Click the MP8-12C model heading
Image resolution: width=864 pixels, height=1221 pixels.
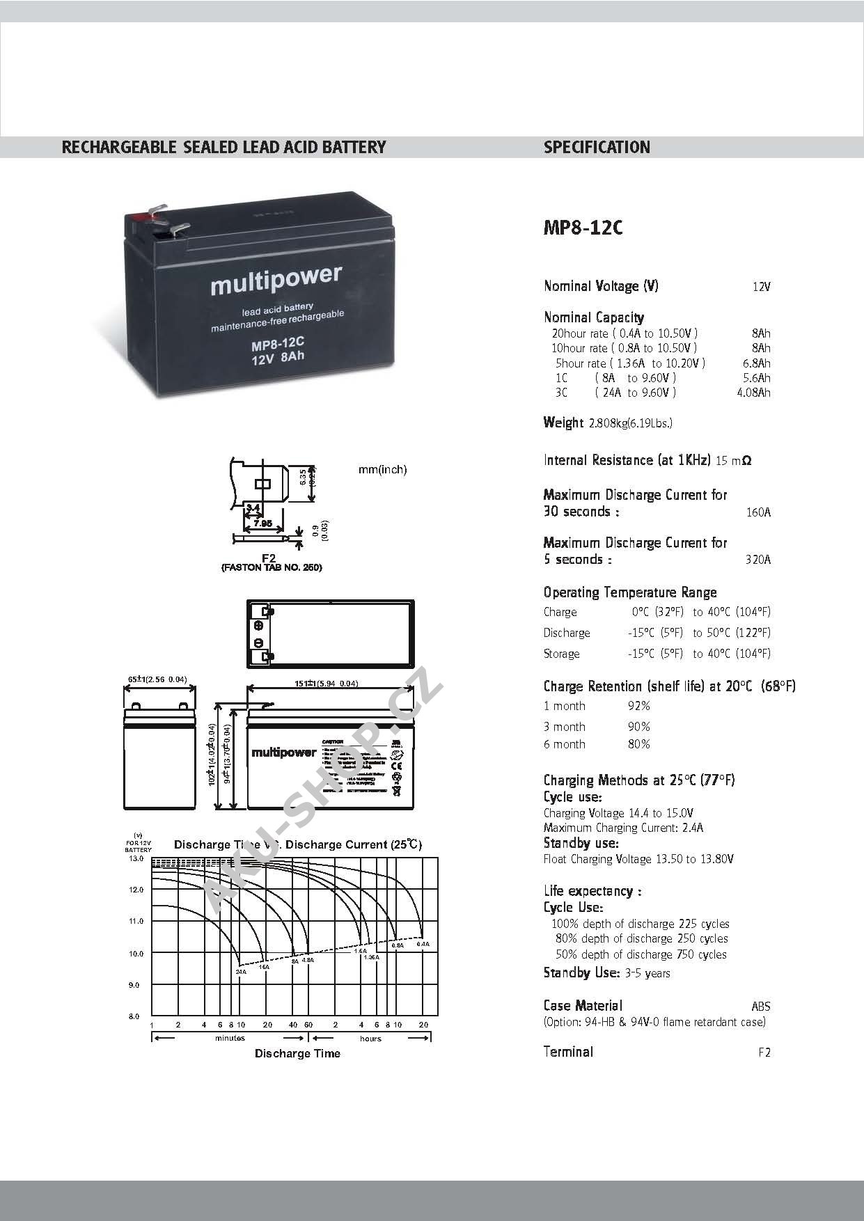click(x=583, y=228)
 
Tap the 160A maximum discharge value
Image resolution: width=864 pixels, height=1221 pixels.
click(x=758, y=512)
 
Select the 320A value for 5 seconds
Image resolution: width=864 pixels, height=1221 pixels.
click(x=758, y=560)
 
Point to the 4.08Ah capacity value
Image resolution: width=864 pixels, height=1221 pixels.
click(x=753, y=393)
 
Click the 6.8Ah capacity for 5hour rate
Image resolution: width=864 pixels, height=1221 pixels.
click(x=756, y=363)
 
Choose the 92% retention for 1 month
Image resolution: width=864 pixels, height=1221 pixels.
click(x=638, y=706)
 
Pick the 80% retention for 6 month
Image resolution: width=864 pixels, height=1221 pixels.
click(x=638, y=744)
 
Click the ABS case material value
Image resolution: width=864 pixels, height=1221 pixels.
click(x=761, y=1006)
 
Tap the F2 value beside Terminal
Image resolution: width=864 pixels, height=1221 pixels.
click(x=764, y=1053)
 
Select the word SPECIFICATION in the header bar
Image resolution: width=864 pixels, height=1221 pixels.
click(x=597, y=148)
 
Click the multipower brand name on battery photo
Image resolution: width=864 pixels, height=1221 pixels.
click(x=276, y=281)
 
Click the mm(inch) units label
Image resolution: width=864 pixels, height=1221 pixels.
click(x=382, y=470)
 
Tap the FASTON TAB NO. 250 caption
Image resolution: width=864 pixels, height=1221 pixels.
click(x=272, y=567)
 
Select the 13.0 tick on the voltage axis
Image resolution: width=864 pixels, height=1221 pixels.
click(x=136, y=859)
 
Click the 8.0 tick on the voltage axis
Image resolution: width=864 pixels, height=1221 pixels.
click(x=134, y=1016)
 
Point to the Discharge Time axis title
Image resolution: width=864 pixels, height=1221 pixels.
click(x=297, y=1053)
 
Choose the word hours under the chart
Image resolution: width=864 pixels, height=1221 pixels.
click(x=370, y=1039)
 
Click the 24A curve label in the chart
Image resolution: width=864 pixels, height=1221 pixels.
click(x=241, y=971)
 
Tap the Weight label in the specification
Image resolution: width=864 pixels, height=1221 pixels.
click(x=563, y=423)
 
